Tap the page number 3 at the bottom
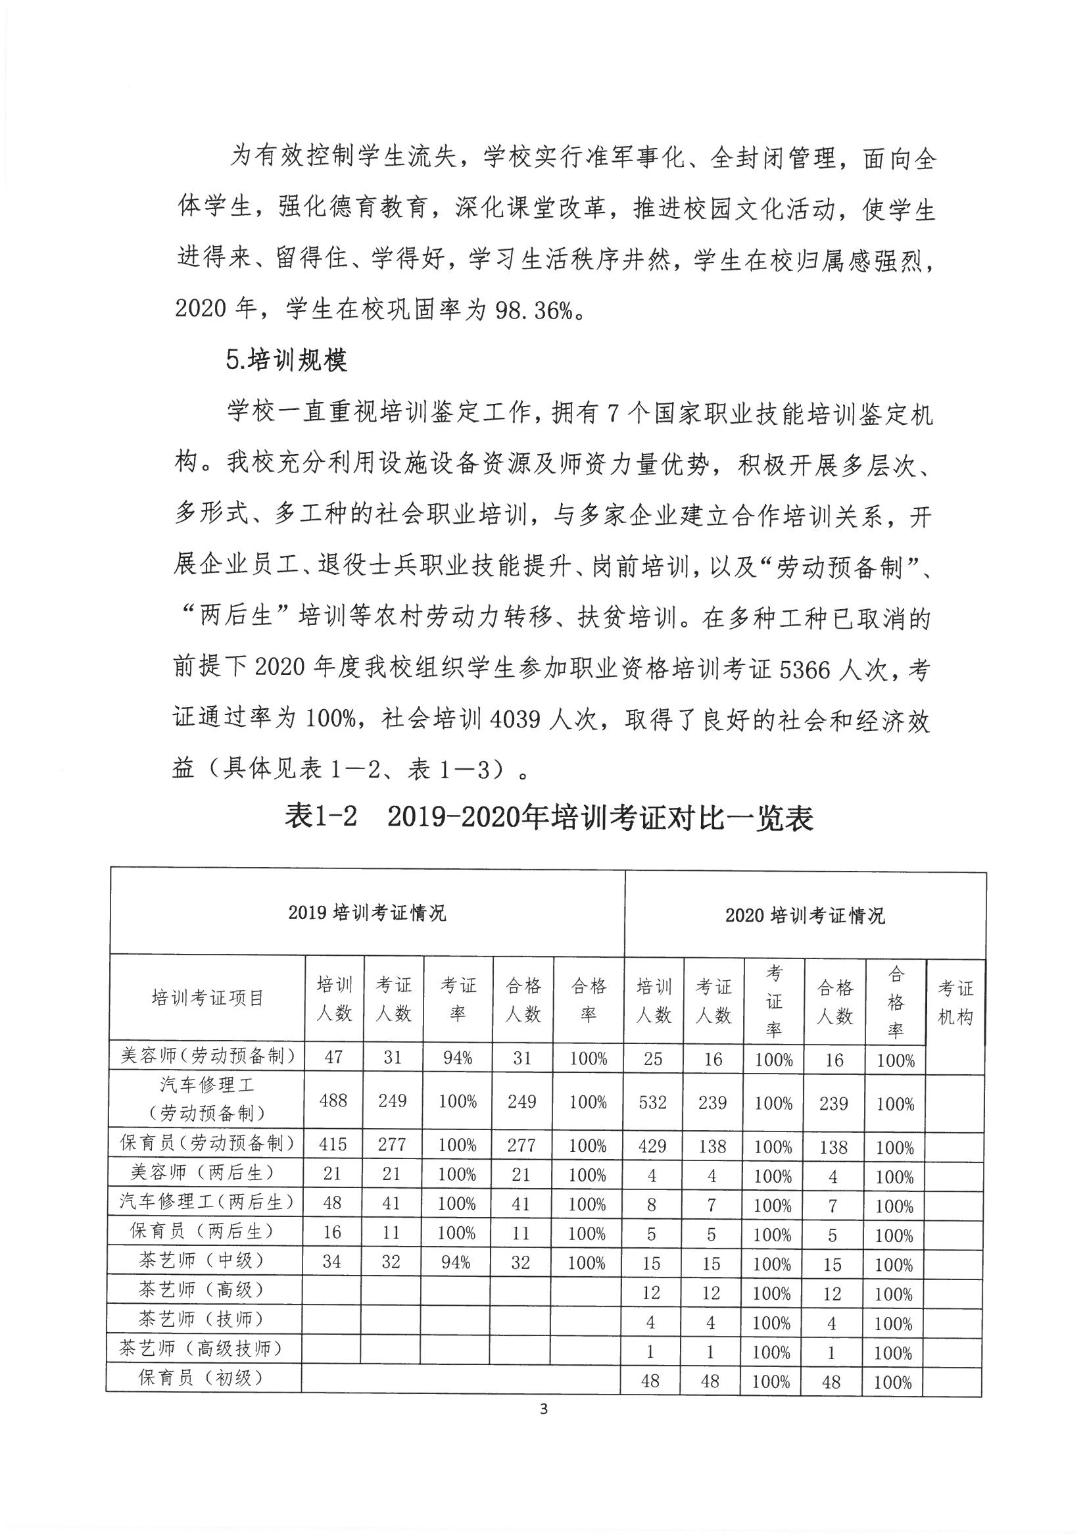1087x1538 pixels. coord(543,1408)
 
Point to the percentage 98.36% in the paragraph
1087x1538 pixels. coord(534,310)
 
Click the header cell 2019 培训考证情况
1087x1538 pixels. coord(367,913)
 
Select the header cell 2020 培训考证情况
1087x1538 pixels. coord(805,916)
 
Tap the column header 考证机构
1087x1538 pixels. coord(955,1003)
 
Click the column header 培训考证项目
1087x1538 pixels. coord(208,998)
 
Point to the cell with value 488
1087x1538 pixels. coord(333,1101)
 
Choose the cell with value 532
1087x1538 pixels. coord(652,1103)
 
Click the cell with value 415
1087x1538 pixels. coord(332,1144)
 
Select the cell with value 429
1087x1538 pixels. coord(652,1146)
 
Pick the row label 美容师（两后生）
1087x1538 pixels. coord(203,1172)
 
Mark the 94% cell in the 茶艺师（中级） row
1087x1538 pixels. coord(456,1262)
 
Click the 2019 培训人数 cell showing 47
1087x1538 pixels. coord(333,1057)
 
